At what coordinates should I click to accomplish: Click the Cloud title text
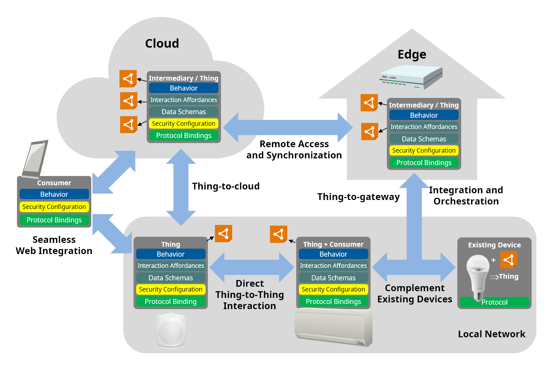162,44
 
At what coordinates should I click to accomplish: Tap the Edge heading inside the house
412,54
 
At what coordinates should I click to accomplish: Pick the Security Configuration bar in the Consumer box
54,207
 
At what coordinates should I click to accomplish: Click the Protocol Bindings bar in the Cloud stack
184,135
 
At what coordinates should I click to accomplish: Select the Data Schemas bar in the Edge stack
424,139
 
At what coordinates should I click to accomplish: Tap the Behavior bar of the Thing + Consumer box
333,254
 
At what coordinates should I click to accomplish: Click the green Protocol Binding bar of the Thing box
170,301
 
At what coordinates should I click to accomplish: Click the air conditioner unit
333,326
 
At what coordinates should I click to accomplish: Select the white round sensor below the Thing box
171,330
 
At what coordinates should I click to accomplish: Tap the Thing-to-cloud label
226,186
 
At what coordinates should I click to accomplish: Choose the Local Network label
492,334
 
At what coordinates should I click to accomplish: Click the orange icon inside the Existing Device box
509,260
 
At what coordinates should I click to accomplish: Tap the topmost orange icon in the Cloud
128,79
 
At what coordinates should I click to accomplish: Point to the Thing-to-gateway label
358,197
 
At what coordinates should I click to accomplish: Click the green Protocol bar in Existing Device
494,302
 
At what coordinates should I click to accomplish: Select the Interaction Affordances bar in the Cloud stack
184,100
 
